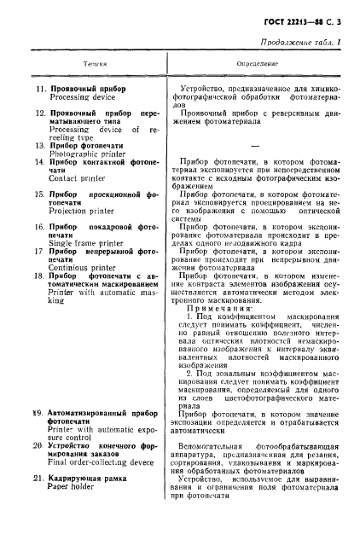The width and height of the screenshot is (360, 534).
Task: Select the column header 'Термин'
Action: tap(95, 64)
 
